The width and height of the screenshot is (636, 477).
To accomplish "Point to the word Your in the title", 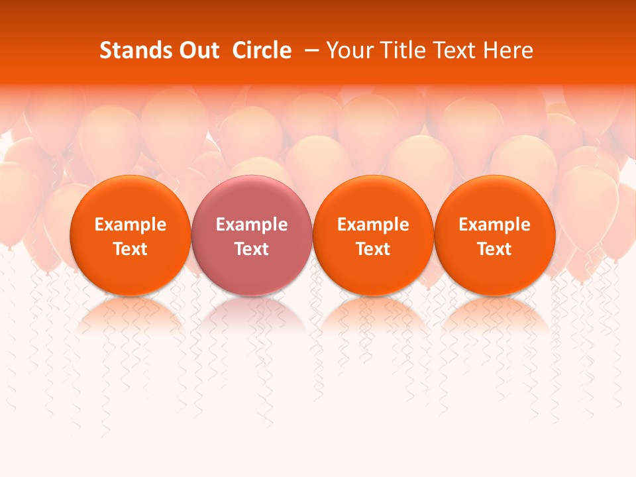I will [x=349, y=50].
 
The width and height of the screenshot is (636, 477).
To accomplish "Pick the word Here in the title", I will [x=508, y=50].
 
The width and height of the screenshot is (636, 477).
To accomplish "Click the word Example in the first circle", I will [x=131, y=225].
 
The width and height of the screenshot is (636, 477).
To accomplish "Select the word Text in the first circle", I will [x=131, y=249].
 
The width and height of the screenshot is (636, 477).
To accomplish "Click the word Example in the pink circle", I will [x=252, y=225].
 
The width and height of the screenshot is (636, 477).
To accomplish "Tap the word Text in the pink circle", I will [x=252, y=249].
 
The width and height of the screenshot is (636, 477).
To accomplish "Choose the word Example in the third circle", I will [x=373, y=225].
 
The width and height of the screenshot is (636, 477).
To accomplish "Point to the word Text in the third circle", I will [x=373, y=249].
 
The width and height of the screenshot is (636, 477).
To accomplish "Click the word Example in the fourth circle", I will [x=494, y=225].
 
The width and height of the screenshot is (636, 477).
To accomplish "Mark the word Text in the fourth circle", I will [x=494, y=249].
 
